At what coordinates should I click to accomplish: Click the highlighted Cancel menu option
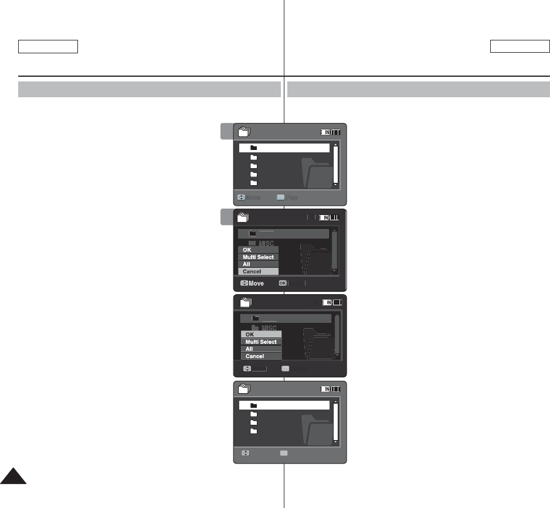258,272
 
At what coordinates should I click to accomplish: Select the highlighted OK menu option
260,335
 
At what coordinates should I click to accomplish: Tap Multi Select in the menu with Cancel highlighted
258,257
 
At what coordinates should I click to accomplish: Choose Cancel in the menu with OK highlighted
260,356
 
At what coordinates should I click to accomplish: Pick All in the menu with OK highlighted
260,349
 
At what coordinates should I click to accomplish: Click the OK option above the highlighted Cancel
258,250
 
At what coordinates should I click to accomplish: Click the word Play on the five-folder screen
292,197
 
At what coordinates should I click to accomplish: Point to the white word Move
256,284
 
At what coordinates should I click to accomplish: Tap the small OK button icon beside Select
283,283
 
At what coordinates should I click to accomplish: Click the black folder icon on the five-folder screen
254,148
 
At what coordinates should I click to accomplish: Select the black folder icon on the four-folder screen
254,405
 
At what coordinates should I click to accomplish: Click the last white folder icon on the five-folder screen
254,183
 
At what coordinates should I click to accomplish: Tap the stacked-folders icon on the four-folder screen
245,388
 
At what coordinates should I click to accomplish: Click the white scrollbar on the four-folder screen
335,421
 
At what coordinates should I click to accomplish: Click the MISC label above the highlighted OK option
268,328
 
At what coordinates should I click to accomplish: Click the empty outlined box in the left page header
48,47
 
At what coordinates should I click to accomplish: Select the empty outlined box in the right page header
520,47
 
